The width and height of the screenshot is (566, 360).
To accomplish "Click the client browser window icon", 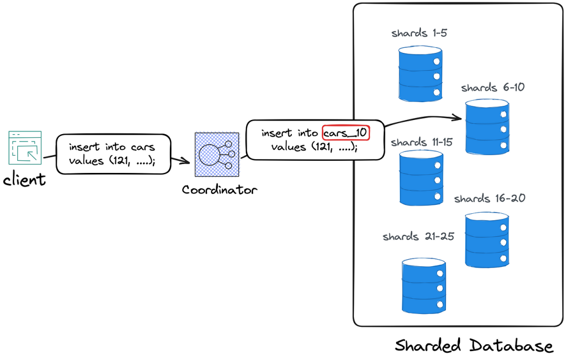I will point(25,147).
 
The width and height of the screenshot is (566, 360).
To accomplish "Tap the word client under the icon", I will point(24,180).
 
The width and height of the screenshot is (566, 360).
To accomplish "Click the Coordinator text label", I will point(220,189).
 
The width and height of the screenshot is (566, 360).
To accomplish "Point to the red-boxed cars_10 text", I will point(346,133).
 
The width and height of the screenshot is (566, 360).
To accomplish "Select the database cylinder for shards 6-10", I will point(487,128).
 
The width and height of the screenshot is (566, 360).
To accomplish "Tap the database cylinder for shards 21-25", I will point(424,286).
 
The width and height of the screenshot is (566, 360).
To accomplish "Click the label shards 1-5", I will point(419,34).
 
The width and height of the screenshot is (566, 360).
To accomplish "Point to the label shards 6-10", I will point(493,88).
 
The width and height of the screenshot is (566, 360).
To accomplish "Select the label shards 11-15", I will point(422,143).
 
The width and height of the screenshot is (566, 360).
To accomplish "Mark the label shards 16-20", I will point(489,199).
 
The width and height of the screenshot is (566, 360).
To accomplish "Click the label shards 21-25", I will point(418,236).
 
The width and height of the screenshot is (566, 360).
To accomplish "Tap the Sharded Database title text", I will point(474,346).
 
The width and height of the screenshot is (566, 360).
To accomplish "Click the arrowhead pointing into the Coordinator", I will point(185,161).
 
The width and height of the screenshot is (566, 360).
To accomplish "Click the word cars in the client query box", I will point(143,147).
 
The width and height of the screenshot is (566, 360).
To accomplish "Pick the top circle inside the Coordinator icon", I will point(228,144).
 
